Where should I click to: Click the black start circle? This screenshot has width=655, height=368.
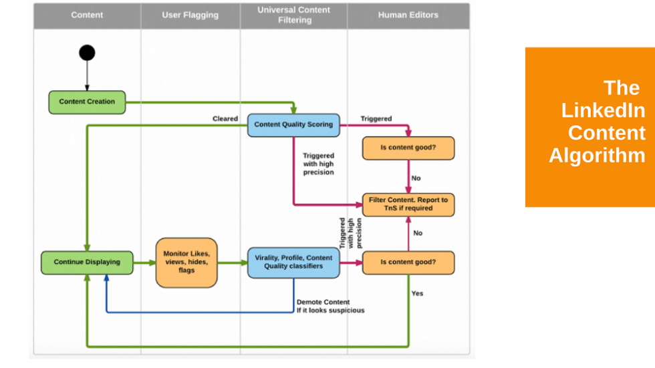(x=87, y=53)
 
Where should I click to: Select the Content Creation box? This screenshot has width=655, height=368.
(x=87, y=102)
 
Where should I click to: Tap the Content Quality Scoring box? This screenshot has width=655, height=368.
(x=293, y=125)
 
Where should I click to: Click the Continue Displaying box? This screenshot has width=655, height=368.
(x=87, y=262)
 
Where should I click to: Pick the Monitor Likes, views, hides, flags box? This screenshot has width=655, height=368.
(x=186, y=262)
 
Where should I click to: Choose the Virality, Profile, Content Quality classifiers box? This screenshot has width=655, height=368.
(x=293, y=262)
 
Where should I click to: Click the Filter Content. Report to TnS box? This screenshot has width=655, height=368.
(x=408, y=204)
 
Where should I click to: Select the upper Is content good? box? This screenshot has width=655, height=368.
(x=408, y=148)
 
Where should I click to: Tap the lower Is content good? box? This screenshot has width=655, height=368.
(x=408, y=262)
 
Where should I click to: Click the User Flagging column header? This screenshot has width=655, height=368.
(x=190, y=15)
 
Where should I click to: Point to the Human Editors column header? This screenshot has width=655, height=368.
(x=408, y=15)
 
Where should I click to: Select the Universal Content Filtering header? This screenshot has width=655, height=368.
(x=293, y=15)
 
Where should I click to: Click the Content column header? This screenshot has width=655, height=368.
(x=87, y=15)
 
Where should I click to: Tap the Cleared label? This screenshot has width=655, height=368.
(x=225, y=119)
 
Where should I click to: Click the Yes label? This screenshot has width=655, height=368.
(x=417, y=294)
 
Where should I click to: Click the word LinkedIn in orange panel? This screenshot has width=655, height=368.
(x=604, y=111)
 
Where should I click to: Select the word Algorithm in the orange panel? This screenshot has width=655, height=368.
(x=597, y=156)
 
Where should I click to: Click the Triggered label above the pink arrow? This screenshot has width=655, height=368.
(x=376, y=119)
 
